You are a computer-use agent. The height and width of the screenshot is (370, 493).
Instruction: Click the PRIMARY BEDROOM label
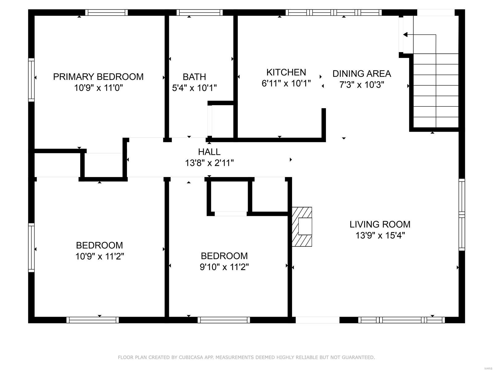[x=98, y=77]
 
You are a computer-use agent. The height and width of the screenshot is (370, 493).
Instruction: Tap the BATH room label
[x=194, y=77]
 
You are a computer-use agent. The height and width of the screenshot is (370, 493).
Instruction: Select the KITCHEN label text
[x=286, y=72]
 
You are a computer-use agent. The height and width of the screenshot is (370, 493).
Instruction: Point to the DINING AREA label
[x=362, y=74]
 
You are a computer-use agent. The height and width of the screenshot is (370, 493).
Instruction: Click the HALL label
[x=209, y=152]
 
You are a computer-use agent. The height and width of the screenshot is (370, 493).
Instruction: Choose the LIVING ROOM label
[x=380, y=224]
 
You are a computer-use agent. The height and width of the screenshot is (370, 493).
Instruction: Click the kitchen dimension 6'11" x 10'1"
[x=286, y=84]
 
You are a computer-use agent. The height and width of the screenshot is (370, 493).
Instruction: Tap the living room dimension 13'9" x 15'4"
[x=380, y=236]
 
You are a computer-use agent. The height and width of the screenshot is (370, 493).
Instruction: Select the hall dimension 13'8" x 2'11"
[x=209, y=163]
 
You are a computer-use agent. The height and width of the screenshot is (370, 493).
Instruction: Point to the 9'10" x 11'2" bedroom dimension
[x=224, y=267]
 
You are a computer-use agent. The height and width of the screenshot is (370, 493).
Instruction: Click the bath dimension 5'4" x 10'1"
[x=194, y=88]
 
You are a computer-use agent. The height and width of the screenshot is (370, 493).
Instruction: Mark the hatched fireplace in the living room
[x=302, y=227]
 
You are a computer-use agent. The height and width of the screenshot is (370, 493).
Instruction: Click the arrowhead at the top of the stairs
[x=405, y=35]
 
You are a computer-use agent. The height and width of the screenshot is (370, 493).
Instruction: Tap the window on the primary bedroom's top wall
[x=107, y=13]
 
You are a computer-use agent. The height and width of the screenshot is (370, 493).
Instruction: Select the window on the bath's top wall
[x=199, y=13]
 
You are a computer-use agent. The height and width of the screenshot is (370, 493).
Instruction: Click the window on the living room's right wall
[x=462, y=215]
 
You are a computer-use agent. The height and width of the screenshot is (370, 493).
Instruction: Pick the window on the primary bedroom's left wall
[x=31, y=80]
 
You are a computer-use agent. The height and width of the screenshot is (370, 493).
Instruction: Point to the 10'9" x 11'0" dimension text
[x=98, y=88]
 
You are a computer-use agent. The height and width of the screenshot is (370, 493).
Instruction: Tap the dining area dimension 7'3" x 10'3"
[x=362, y=85]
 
